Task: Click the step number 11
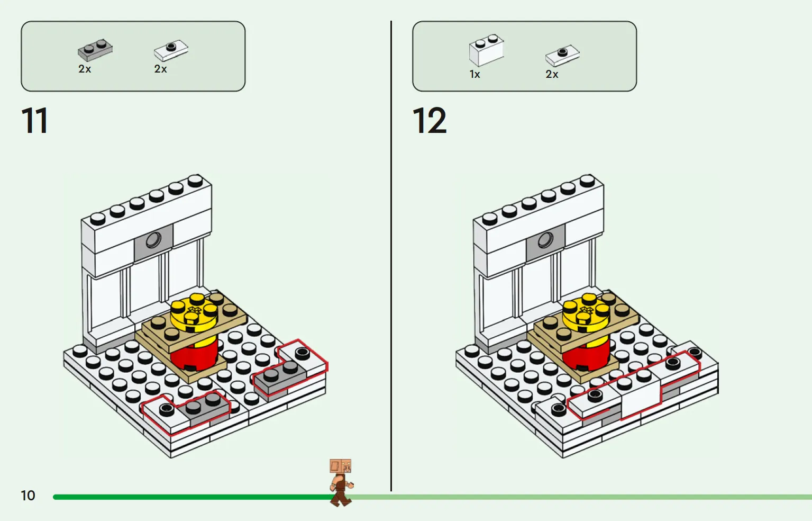pos(35,120)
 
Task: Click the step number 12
pos(430,120)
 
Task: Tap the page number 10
pos(28,495)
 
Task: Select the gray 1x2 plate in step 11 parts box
pos(95,50)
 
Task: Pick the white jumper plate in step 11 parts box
pos(171,50)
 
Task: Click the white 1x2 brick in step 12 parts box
pos(487,50)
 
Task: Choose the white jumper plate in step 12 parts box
pos(563,56)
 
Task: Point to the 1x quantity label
pos(475,74)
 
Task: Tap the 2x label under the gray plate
pos(85,69)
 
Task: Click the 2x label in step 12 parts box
pos(552,74)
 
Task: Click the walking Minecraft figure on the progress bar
pos(341,482)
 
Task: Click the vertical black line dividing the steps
pos(391,256)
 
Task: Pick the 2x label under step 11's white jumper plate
pos(161,69)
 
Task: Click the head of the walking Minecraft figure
pos(340,466)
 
